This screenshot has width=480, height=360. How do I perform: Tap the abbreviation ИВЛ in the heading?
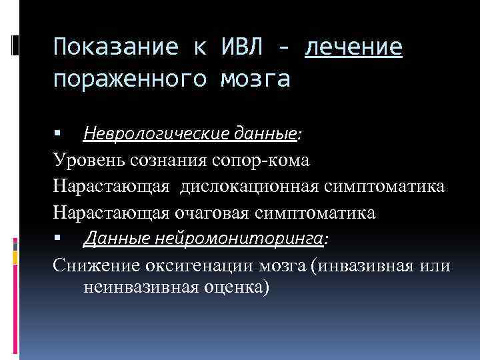pyautogui.click(x=241, y=47)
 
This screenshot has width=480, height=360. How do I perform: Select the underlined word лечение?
pyautogui.click(x=353, y=47)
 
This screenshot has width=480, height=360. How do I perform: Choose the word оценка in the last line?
pyautogui.click(x=237, y=288)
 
